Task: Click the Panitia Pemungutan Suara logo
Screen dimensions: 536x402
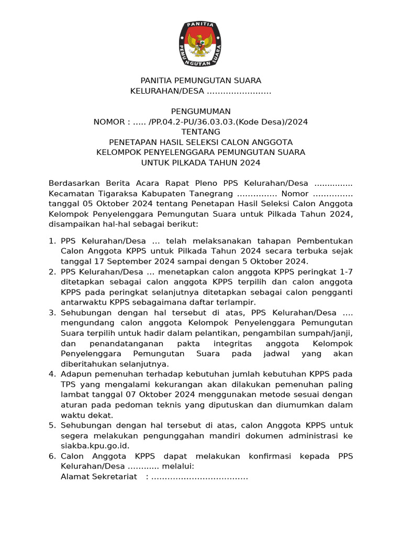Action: [x=200, y=44]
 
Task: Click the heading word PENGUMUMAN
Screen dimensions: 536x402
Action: [x=200, y=111]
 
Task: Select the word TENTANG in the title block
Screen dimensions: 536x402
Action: [x=200, y=132]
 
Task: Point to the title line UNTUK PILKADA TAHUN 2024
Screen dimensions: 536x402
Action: [x=200, y=163]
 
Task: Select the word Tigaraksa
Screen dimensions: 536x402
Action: [x=114, y=193]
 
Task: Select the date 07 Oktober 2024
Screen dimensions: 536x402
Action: [x=163, y=395]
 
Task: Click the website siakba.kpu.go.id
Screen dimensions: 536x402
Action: [x=95, y=445]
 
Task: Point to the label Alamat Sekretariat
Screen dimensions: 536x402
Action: [x=99, y=476]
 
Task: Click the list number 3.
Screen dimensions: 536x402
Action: [x=52, y=312]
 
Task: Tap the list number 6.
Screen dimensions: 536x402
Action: [x=52, y=456]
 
